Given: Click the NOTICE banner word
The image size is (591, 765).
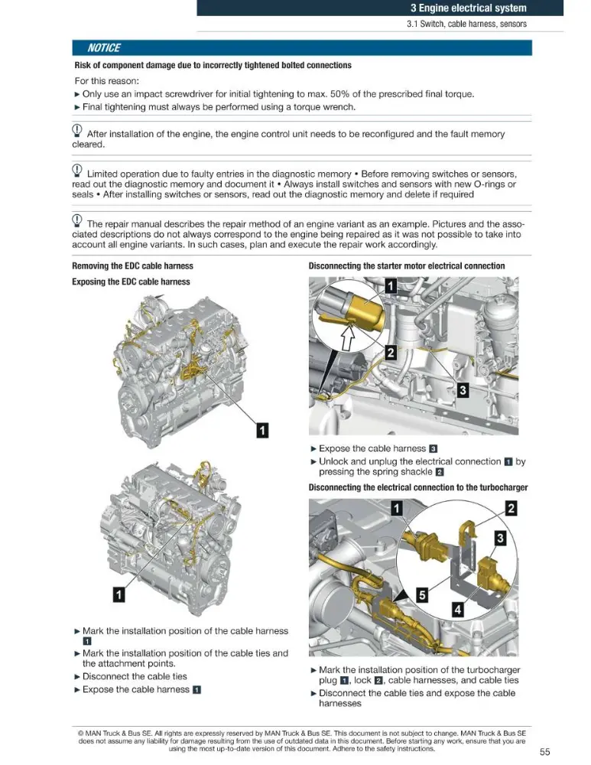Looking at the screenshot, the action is pos(104,47).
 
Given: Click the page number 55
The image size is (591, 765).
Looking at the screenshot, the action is pos(544,752).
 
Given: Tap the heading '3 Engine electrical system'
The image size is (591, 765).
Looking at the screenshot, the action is pos(468,8).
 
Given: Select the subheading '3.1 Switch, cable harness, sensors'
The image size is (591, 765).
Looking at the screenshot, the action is pos(466,24).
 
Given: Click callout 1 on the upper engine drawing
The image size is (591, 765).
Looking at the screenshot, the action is pos(262,430).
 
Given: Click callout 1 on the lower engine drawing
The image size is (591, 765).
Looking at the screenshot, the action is pos(119,594).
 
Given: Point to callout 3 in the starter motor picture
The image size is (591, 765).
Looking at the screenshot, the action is pos(463,390).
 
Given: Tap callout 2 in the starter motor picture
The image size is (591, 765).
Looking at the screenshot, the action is pos(391,352).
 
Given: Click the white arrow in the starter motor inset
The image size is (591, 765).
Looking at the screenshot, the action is pos(347,337).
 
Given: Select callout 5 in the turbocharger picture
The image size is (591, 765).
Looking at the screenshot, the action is pos(422,594).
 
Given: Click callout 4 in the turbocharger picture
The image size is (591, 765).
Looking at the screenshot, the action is pos(457,610).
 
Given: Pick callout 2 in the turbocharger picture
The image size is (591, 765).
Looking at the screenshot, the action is pos(511,509).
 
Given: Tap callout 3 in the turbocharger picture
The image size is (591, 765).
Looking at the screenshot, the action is pos(500,538).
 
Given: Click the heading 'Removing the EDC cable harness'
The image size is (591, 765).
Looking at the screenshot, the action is pos(132,266).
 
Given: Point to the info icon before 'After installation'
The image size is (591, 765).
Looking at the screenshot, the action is pos(77,130).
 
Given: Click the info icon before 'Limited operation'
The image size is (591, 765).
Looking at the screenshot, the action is pos(77,171).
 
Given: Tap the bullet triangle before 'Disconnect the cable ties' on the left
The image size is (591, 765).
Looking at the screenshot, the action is pos(77,677).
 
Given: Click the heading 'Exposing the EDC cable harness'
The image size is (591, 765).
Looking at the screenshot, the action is pos(132,282).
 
